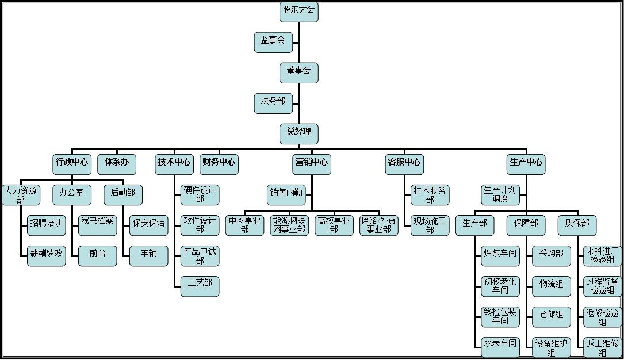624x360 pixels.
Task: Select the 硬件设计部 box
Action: [x=200, y=194]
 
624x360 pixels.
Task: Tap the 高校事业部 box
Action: [x=334, y=225]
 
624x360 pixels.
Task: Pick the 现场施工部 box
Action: [x=430, y=225]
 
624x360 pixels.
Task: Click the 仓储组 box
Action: [x=552, y=316]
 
